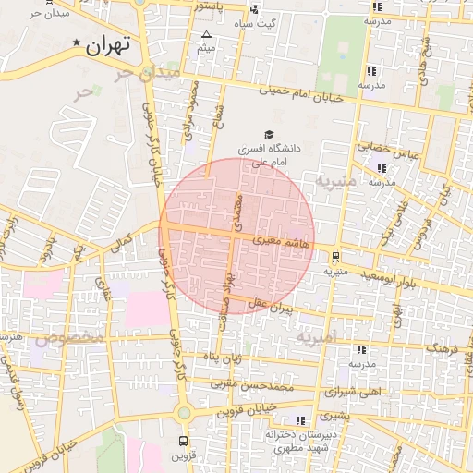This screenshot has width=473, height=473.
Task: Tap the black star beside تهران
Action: point(76,42)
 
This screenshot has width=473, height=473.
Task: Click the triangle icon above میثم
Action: point(205,34)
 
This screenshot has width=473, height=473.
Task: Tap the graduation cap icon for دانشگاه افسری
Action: point(268,134)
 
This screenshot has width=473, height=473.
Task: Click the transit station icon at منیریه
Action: point(335,258)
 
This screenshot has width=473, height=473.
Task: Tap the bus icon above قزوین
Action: point(183,440)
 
